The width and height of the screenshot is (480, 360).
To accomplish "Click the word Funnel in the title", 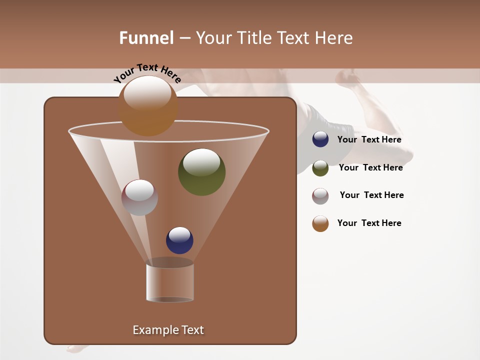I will (x=146, y=38).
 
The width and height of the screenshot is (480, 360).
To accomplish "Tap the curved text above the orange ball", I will (x=147, y=73).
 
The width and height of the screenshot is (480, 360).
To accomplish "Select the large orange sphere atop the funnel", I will (x=148, y=106).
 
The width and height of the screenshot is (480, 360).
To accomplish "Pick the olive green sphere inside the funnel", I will (x=201, y=172).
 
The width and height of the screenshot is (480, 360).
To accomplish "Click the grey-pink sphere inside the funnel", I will (x=139, y=197).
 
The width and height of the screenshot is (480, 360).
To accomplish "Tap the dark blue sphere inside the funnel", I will (x=179, y=240).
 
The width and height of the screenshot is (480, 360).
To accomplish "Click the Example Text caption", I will (x=168, y=330).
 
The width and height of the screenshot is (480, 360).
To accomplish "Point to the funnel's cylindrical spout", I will (x=169, y=282).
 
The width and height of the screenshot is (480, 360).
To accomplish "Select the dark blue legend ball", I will (x=320, y=139).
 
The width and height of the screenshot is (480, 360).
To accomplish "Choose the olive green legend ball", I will (x=320, y=168).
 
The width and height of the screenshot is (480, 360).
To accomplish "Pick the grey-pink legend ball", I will (x=320, y=196).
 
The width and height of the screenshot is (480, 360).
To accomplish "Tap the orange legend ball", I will (x=320, y=223).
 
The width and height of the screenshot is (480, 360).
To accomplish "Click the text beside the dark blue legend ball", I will (x=369, y=140).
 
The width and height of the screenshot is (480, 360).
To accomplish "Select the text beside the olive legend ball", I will (x=370, y=168).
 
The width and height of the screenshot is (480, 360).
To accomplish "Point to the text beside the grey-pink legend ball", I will (x=371, y=195).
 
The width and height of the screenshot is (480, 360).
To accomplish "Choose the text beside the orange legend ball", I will (x=369, y=223).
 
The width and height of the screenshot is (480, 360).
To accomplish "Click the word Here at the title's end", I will (x=334, y=38).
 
